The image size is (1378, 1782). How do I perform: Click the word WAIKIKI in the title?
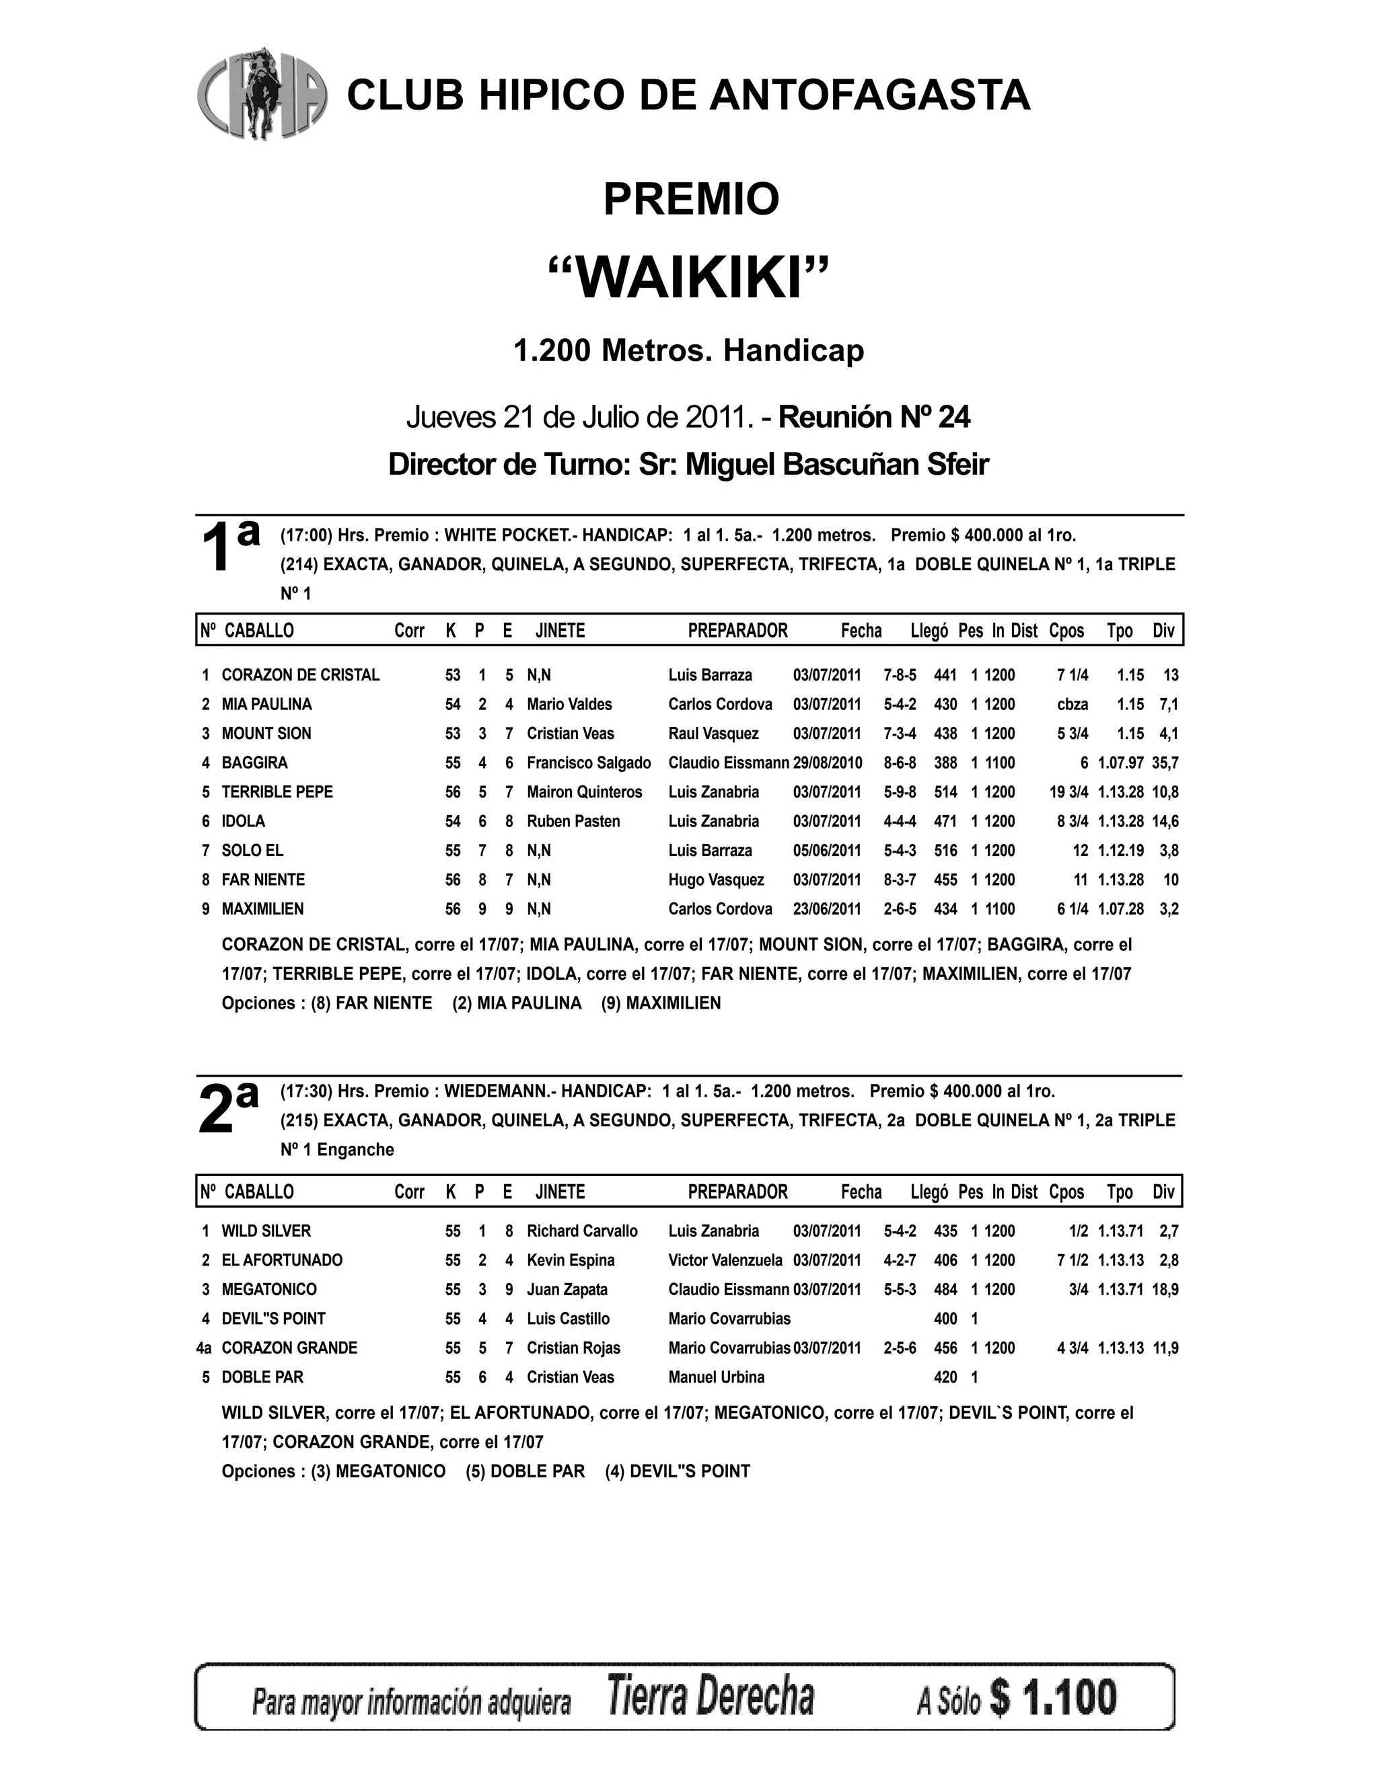(x=690, y=279)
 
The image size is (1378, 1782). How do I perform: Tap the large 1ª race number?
(x=229, y=545)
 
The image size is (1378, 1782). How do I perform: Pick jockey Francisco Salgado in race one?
(x=589, y=763)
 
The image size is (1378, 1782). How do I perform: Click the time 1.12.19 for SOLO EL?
(x=1120, y=850)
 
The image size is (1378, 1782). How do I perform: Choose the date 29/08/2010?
(x=827, y=763)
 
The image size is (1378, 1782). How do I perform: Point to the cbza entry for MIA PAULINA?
(x=1072, y=704)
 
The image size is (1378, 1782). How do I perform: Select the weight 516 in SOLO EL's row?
(x=945, y=850)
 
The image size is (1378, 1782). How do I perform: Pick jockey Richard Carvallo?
(x=582, y=1231)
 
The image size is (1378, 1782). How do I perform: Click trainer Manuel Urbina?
(x=716, y=1377)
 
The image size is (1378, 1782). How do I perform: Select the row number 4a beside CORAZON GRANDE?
(x=204, y=1348)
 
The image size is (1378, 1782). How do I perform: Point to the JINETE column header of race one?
(x=560, y=631)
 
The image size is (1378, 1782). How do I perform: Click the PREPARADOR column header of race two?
(x=737, y=1192)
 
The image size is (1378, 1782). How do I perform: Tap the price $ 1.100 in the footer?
(x=1053, y=1699)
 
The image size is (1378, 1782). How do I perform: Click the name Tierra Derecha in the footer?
(x=711, y=1699)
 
